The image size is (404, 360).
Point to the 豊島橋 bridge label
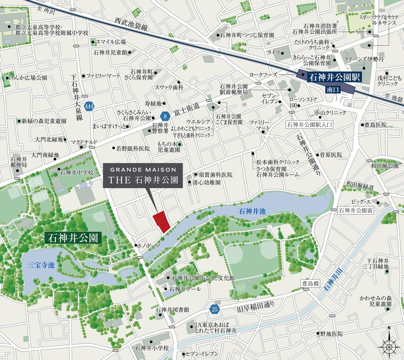(x=307, y=283)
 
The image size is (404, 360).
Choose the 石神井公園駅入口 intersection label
(x=309, y=125)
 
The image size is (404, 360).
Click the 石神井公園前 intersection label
(x=356, y=210)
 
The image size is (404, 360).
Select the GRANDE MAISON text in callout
(x=143, y=169)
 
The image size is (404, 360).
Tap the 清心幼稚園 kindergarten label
(x=206, y=182)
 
